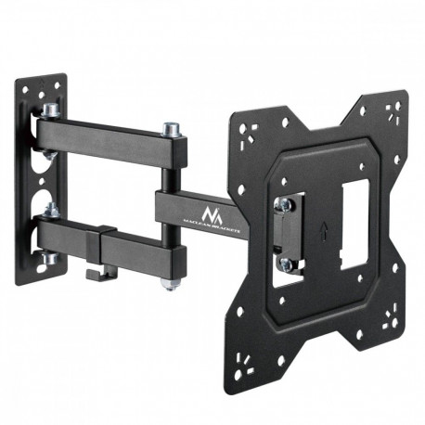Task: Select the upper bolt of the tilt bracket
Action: [287, 204]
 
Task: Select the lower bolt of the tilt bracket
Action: [287, 264]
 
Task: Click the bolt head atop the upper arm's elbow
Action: [170, 128]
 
